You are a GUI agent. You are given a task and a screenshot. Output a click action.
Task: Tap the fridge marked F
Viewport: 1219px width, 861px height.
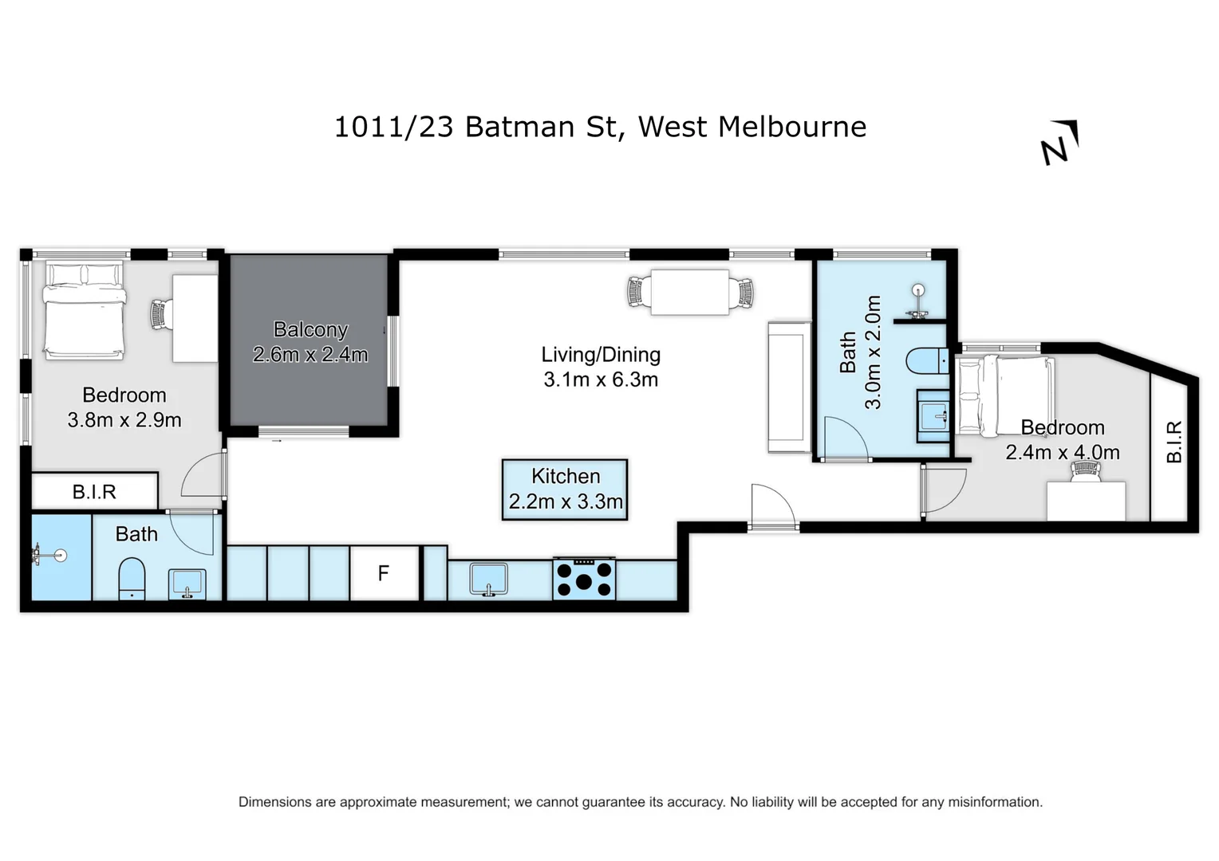(x=384, y=572)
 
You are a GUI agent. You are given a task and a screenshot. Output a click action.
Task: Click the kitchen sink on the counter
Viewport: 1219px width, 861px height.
(x=488, y=578)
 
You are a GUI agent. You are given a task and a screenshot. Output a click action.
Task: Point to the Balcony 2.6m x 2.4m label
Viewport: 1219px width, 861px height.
(x=310, y=342)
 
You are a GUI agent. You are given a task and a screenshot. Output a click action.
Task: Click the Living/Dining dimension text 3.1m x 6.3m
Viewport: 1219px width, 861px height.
(x=601, y=379)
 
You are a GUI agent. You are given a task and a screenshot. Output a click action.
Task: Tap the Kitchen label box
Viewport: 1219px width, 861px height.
(x=565, y=489)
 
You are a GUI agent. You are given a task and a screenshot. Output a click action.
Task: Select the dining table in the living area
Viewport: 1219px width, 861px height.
(x=690, y=293)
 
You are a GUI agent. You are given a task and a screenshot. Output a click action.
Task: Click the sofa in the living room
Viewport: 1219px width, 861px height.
(x=789, y=386)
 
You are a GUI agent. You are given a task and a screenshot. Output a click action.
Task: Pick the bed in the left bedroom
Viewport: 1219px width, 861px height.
(x=85, y=310)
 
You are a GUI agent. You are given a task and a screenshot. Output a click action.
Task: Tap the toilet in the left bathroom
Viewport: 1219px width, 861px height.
(x=132, y=578)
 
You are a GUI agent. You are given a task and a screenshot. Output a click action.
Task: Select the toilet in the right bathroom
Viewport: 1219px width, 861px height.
(x=926, y=360)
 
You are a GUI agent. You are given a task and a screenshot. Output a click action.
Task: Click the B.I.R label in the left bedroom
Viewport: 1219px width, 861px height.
(x=94, y=492)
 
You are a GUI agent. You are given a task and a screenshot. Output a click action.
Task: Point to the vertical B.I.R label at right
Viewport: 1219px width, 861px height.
(x=1174, y=442)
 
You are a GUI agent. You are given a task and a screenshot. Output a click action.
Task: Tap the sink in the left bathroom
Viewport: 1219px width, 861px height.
(x=187, y=583)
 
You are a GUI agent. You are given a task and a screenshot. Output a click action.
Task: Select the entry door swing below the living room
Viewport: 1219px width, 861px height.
(x=772, y=506)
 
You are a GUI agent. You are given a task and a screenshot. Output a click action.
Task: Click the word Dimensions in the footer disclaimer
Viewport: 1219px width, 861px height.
(x=274, y=802)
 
